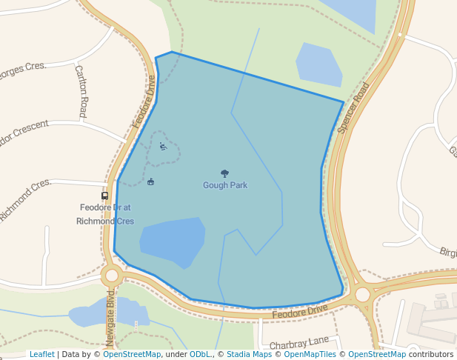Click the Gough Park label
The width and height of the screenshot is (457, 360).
(225, 185)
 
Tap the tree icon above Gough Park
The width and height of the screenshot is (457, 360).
(225, 173)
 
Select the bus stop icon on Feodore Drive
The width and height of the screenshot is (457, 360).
(105, 196)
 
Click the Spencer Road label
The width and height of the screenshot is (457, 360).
(353, 107)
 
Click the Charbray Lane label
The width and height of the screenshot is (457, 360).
(298, 343)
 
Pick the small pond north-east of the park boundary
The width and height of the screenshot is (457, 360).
(318, 65)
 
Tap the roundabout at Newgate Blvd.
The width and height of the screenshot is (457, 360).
(112, 276)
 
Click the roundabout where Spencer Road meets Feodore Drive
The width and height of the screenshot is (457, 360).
(362, 295)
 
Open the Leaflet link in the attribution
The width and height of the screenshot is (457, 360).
(41, 354)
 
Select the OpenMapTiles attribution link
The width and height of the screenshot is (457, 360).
(310, 354)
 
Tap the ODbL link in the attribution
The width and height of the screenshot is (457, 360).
(200, 354)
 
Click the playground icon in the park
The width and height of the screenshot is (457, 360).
(164, 146)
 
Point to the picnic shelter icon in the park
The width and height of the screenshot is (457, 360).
(151, 181)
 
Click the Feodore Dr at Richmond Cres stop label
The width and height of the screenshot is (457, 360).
(105, 215)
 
